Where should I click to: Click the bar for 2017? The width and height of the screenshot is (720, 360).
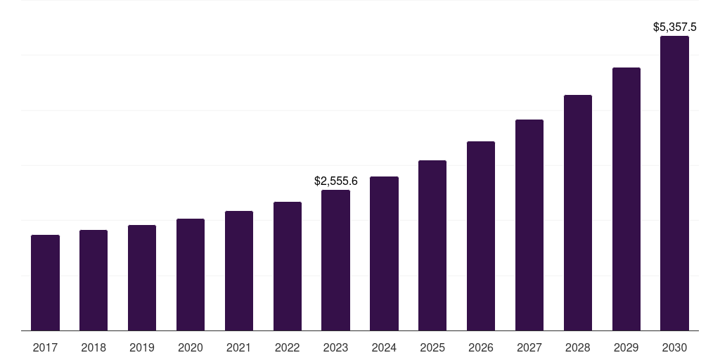pyautogui.click(x=45, y=283)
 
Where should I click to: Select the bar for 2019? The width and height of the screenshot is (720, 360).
pyautogui.click(x=142, y=278)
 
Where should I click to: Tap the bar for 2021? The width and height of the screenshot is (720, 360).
pyautogui.click(x=239, y=271)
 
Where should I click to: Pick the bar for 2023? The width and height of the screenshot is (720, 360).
pyautogui.click(x=335, y=260)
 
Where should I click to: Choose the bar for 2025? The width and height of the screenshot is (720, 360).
pyautogui.click(x=432, y=245)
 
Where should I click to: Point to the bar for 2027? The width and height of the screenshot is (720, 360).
pyautogui.click(x=529, y=225)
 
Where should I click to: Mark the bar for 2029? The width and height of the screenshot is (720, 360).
pyautogui.click(x=626, y=199)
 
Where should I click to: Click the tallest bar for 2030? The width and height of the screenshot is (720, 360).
pyautogui.click(x=674, y=183)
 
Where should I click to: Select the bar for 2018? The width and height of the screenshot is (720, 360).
pyautogui.click(x=94, y=280)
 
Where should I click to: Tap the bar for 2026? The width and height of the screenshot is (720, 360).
pyautogui.click(x=481, y=236)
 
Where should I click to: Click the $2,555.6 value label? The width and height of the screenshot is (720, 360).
pyautogui.click(x=336, y=181)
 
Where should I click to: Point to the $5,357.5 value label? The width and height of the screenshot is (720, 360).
pyautogui.click(x=675, y=27)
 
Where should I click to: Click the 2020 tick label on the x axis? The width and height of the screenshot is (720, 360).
pyautogui.click(x=191, y=347)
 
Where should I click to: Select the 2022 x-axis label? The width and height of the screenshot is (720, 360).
pyautogui.click(x=288, y=347)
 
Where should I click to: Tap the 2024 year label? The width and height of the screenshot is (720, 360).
pyautogui.click(x=384, y=347)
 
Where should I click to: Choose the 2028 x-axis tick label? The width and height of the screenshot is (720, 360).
pyautogui.click(x=578, y=347)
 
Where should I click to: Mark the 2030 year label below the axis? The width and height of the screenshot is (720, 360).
pyautogui.click(x=674, y=347)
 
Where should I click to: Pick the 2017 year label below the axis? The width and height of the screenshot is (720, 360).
pyautogui.click(x=45, y=347)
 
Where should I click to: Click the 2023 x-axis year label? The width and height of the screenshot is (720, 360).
pyautogui.click(x=335, y=347)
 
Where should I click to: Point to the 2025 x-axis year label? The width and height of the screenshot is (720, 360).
pyautogui.click(x=432, y=347)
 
